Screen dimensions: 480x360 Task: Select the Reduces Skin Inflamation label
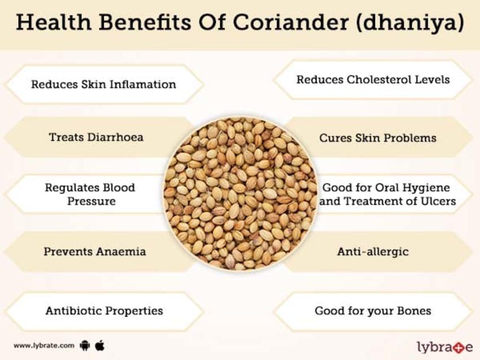pyautogui.click(x=103, y=84)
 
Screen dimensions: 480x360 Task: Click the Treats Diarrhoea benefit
pyautogui.click(x=96, y=137)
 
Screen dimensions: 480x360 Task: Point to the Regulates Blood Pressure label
pyautogui.click(x=90, y=194)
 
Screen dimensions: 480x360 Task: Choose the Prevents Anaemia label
pyautogui.click(x=95, y=252)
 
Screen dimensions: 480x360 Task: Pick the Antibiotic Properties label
pyautogui.click(x=104, y=311)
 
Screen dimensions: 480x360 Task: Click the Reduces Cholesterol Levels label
pyautogui.click(x=373, y=80)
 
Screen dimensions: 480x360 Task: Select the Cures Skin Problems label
pyautogui.click(x=378, y=138)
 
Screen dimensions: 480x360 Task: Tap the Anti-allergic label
pyautogui.click(x=373, y=252)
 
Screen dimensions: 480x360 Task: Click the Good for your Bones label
pyautogui.click(x=373, y=311)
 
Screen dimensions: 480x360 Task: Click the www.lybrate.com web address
pyautogui.click(x=44, y=346)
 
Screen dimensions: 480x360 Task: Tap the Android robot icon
pyautogui.click(x=85, y=346)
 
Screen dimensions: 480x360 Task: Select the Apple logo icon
pyautogui.click(x=100, y=345)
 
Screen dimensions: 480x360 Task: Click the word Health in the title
pyautogui.click(x=54, y=22)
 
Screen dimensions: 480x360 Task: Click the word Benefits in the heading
pyautogui.click(x=145, y=22)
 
